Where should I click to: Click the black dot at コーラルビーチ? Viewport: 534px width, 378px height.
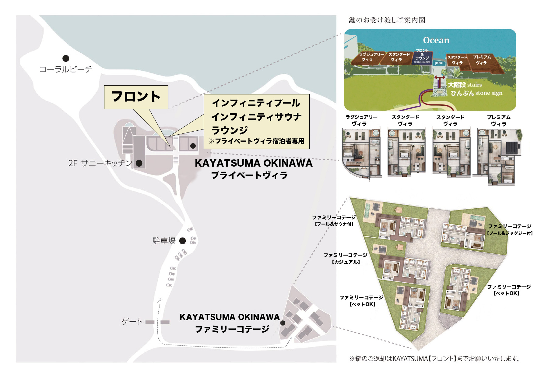pyautogui.click(x=65, y=58)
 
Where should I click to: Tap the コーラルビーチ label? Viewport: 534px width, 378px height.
pyautogui.click(x=66, y=69)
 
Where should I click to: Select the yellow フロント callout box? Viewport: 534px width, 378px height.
pyautogui.click(x=136, y=97)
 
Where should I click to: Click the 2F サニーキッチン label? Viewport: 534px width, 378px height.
pyautogui.click(x=100, y=163)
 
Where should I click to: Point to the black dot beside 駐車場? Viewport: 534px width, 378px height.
pyautogui.click(x=182, y=241)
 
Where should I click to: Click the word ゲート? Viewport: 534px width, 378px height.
pyautogui.click(x=132, y=322)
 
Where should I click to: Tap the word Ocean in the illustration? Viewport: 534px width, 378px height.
pyautogui.click(x=436, y=40)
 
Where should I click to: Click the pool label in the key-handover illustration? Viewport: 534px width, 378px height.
pyautogui.click(x=439, y=63)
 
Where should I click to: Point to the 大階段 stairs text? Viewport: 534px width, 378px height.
pyautogui.click(x=465, y=85)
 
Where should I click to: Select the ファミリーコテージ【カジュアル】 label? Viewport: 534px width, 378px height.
pyautogui.click(x=345, y=258)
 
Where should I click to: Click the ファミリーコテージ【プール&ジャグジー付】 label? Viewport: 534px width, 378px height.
pyautogui.click(x=509, y=230)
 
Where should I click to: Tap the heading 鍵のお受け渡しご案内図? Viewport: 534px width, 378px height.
pyautogui.click(x=387, y=20)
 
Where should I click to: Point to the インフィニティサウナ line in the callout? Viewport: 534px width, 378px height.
pyautogui.click(x=256, y=117)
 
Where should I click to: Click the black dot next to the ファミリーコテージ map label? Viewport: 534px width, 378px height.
pyautogui.click(x=283, y=323)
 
